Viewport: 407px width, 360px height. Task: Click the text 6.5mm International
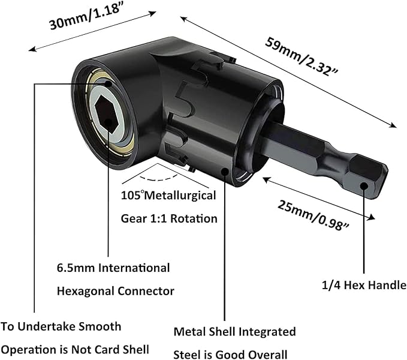coord(113,268)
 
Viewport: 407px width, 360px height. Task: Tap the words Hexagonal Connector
coord(116,291)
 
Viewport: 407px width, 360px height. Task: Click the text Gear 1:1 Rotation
coord(170,218)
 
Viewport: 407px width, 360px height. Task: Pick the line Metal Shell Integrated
coord(234,331)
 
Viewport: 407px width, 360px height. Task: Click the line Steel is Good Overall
coord(230,354)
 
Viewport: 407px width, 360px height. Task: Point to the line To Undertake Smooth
coord(61,326)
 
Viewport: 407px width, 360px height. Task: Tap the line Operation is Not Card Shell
coord(75,350)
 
